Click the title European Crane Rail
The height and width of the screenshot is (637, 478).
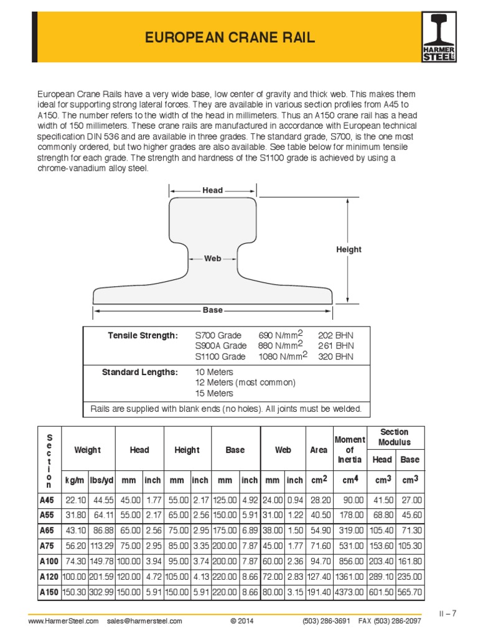click(x=230, y=39)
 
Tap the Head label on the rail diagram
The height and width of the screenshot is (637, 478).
click(x=212, y=190)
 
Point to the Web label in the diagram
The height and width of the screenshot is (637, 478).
click(x=213, y=258)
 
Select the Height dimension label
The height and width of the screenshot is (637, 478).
click(x=349, y=249)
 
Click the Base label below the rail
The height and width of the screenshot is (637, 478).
click(x=212, y=310)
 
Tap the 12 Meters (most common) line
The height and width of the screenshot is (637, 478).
click(x=245, y=383)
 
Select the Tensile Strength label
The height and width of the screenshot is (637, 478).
click(x=143, y=336)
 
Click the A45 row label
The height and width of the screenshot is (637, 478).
click(x=47, y=500)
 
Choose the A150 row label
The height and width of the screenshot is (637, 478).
click(x=49, y=593)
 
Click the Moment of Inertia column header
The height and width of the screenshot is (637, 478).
click(x=349, y=450)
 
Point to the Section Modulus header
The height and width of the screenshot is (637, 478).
click(x=394, y=437)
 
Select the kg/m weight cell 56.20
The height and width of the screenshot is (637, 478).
click(x=75, y=546)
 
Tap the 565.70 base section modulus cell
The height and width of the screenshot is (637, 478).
click(x=409, y=593)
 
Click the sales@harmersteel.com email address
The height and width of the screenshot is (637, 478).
click(x=144, y=621)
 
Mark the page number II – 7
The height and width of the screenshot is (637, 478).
click(x=447, y=613)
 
